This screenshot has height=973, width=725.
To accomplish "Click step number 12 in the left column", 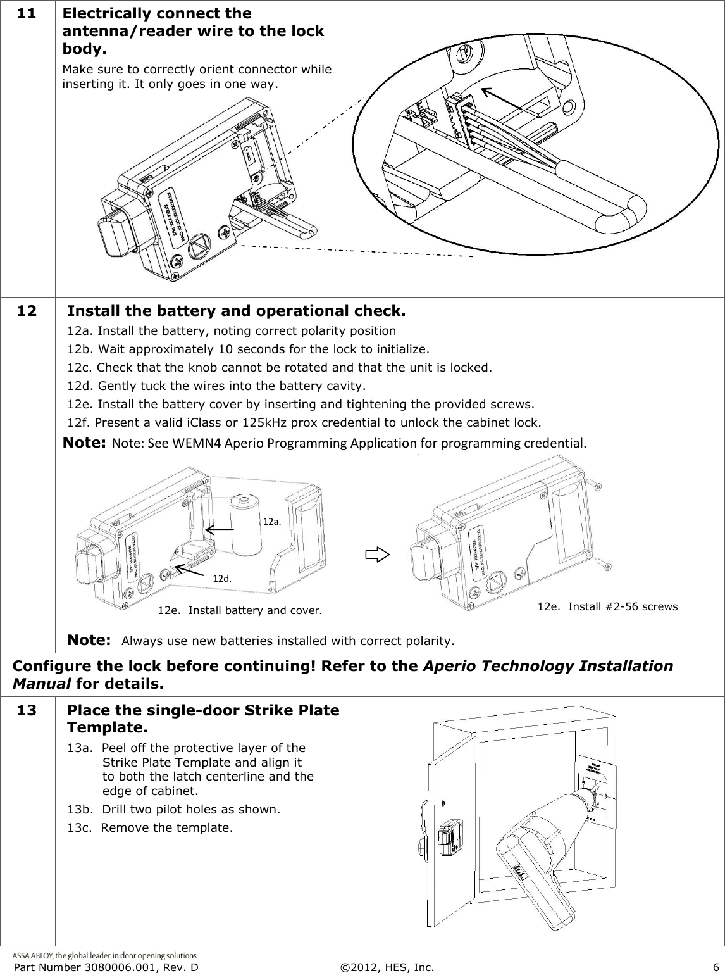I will pos(27,311).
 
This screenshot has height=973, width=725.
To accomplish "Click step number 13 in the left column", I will pos(27,710).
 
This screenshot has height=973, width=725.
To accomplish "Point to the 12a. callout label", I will pos(271,522).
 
